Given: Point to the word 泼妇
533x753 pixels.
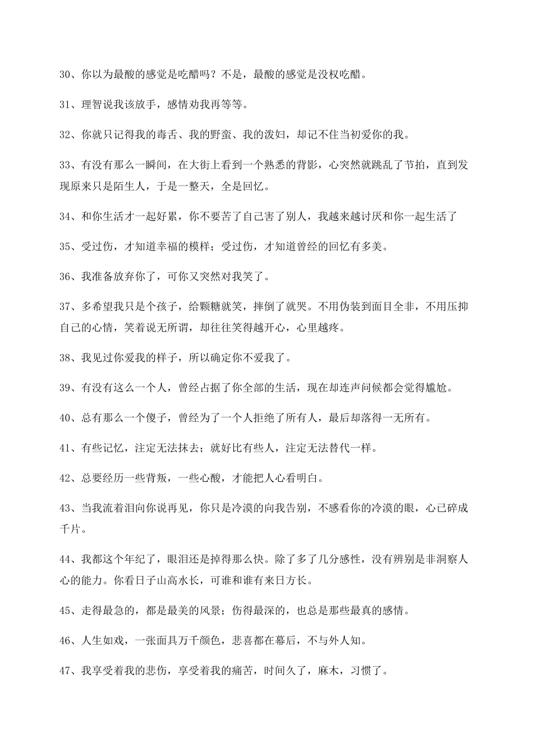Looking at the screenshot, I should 277,134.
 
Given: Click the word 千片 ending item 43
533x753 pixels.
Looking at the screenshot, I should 71,529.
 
